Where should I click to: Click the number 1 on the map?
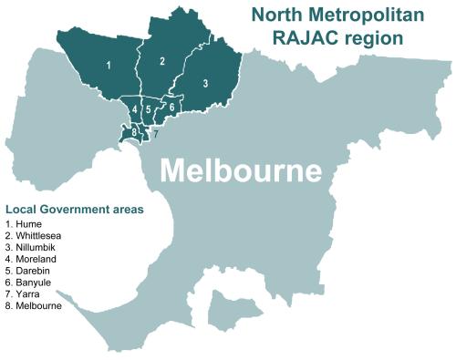click(x=109, y=66)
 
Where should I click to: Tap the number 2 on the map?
click(x=161, y=62)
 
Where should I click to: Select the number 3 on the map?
click(x=205, y=83)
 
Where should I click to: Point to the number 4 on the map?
click(x=135, y=109)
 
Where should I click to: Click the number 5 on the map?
click(x=148, y=110)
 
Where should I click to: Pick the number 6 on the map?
click(x=171, y=107)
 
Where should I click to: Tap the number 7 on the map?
click(x=156, y=134)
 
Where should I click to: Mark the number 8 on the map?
click(x=135, y=133)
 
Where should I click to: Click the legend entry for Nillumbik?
click(x=30, y=247)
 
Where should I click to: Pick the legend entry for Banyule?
click(x=29, y=283)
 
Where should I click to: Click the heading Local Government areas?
click(x=74, y=209)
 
